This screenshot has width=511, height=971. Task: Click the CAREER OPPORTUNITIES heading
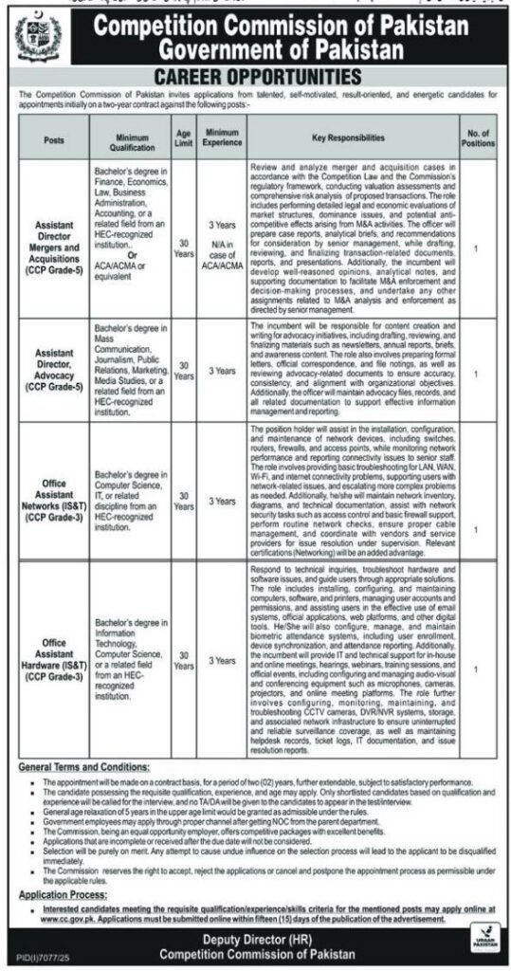click(255, 75)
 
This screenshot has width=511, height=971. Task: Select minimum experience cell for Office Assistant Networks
click(222, 500)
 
